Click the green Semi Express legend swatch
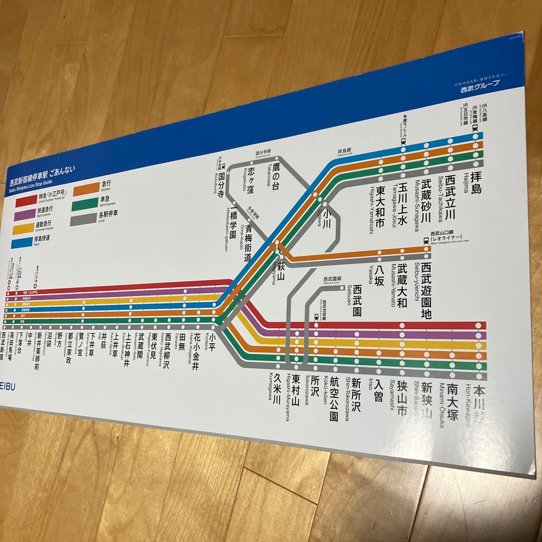click(x=85, y=205)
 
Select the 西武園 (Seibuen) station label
click(x=357, y=300)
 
